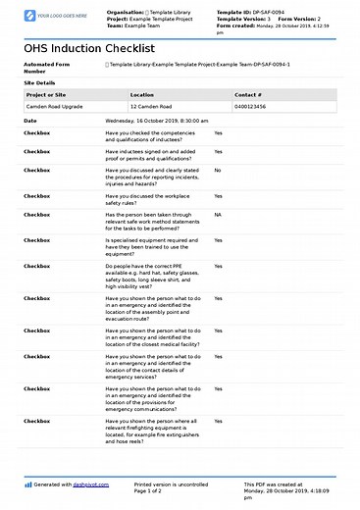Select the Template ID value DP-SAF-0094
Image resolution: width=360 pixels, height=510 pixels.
click(269, 12)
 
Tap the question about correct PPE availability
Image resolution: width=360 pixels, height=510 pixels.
click(154, 276)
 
